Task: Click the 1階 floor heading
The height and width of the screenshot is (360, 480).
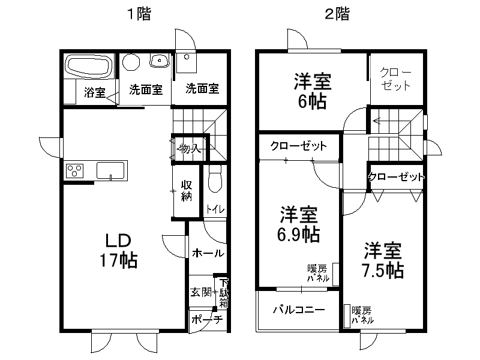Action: (139, 14)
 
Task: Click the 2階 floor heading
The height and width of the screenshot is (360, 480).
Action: (337, 14)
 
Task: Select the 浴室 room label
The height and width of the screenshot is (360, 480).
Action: (95, 92)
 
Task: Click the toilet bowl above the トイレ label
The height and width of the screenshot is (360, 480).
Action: (215, 178)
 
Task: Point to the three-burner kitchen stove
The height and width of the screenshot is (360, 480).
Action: (74, 170)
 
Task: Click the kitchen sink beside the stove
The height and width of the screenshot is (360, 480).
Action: (110, 170)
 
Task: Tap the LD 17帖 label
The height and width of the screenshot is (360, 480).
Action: (118, 250)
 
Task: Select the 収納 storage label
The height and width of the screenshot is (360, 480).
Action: (187, 191)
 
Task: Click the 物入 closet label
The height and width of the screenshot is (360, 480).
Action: (190, 148)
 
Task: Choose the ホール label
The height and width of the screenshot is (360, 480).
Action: (208, 253)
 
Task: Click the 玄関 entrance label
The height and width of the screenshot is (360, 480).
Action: (201, 292)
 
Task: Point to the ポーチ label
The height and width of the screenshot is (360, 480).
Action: (207, 320)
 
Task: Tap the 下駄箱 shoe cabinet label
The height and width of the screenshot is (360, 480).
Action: (224, 293)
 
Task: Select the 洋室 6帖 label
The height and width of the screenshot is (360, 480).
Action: (313, 91)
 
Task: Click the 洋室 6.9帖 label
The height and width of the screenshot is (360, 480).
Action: (298, 224)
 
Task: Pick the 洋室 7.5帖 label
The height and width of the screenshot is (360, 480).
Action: (383, 260)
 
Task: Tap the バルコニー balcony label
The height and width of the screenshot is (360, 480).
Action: (299, 310)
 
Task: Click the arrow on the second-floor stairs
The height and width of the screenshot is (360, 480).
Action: (376, 121)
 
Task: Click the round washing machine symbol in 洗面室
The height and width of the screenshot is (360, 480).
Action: (131, 62)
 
